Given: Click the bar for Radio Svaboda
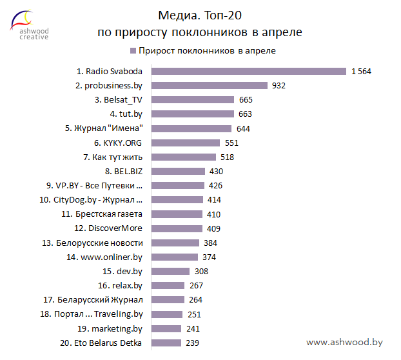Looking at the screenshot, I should tap(249, 71).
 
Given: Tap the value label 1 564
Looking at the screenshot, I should tap(361, 71).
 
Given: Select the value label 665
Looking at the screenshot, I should tap(246, 99).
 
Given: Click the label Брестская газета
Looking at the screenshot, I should tap(106, 214).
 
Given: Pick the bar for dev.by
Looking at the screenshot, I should tap(171, 271).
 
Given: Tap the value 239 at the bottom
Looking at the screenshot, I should tap(192, 343).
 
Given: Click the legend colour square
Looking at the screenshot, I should tap(133, 50).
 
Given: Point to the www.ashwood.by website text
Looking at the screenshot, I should tap(344, 343).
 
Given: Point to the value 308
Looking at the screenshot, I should tap(201, 271).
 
